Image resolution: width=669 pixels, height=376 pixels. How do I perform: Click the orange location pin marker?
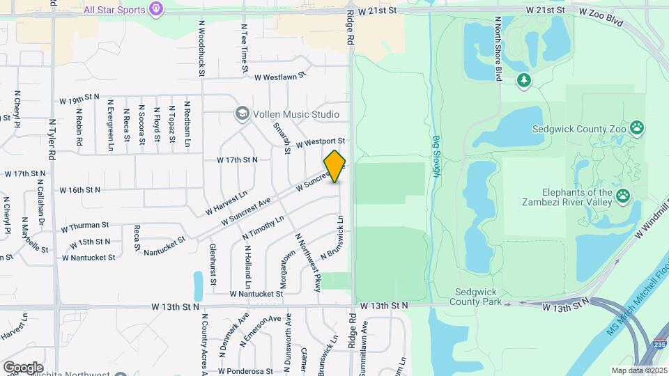335,166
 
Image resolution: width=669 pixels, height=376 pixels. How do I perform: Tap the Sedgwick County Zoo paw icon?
637,128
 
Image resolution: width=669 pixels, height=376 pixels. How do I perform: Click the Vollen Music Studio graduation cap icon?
242,114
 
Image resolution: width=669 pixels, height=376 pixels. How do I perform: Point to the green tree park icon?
524,81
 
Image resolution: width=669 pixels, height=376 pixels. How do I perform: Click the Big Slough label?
436,156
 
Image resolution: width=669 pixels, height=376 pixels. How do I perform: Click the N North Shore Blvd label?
498,49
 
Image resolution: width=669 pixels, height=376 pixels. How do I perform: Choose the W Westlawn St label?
280,77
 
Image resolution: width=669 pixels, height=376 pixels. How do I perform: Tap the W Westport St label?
321,142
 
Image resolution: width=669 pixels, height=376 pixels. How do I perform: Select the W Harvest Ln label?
226,203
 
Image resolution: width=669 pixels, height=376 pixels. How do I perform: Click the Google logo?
23,367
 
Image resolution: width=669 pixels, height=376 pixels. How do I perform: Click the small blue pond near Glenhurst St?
199,285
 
